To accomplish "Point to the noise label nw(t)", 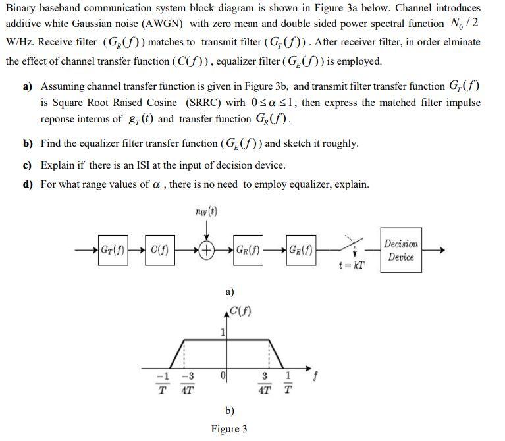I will pos(207,211).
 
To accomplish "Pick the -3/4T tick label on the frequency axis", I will pos(187,382).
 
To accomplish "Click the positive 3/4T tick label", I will pos(265,382).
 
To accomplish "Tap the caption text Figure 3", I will pos(229,429).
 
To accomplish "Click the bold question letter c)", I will pos(28,165).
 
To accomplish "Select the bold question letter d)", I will pos(28,184).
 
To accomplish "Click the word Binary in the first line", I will pos(22,8).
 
